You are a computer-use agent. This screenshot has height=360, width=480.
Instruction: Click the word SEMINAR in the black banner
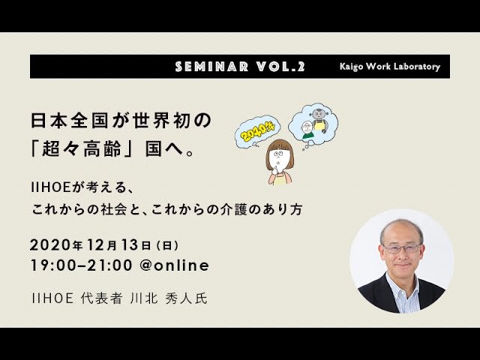211,67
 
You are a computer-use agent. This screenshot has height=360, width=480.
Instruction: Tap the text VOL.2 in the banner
280,67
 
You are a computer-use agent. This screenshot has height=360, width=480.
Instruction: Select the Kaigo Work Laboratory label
390,67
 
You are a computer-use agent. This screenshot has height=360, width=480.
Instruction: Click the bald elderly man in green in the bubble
307,130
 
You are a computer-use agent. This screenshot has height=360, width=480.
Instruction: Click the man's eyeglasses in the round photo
402,247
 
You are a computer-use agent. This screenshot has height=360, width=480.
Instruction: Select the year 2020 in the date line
51,245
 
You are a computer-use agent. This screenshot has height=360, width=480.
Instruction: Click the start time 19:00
53,265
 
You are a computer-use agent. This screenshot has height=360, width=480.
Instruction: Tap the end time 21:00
109,265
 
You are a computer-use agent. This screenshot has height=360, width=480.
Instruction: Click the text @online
174,265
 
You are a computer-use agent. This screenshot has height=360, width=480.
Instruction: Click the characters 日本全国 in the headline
70,120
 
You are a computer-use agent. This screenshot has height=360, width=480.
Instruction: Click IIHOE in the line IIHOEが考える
51,187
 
